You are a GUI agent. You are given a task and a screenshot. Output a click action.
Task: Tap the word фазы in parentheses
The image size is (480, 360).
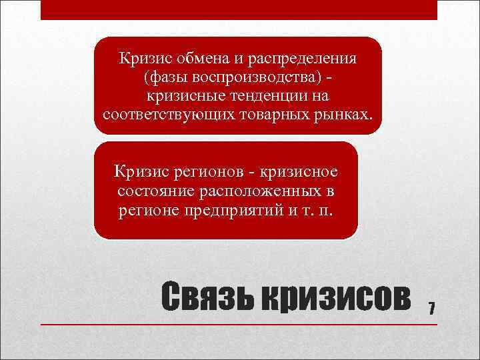click(x=161, y=77)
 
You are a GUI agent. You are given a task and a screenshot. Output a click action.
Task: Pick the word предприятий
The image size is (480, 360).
click(x=239, y=211)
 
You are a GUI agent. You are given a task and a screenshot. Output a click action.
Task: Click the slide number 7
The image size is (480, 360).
click(x=432, y=308)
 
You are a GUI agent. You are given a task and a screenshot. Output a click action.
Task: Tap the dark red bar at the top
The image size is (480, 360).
click(x=238, y=9)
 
